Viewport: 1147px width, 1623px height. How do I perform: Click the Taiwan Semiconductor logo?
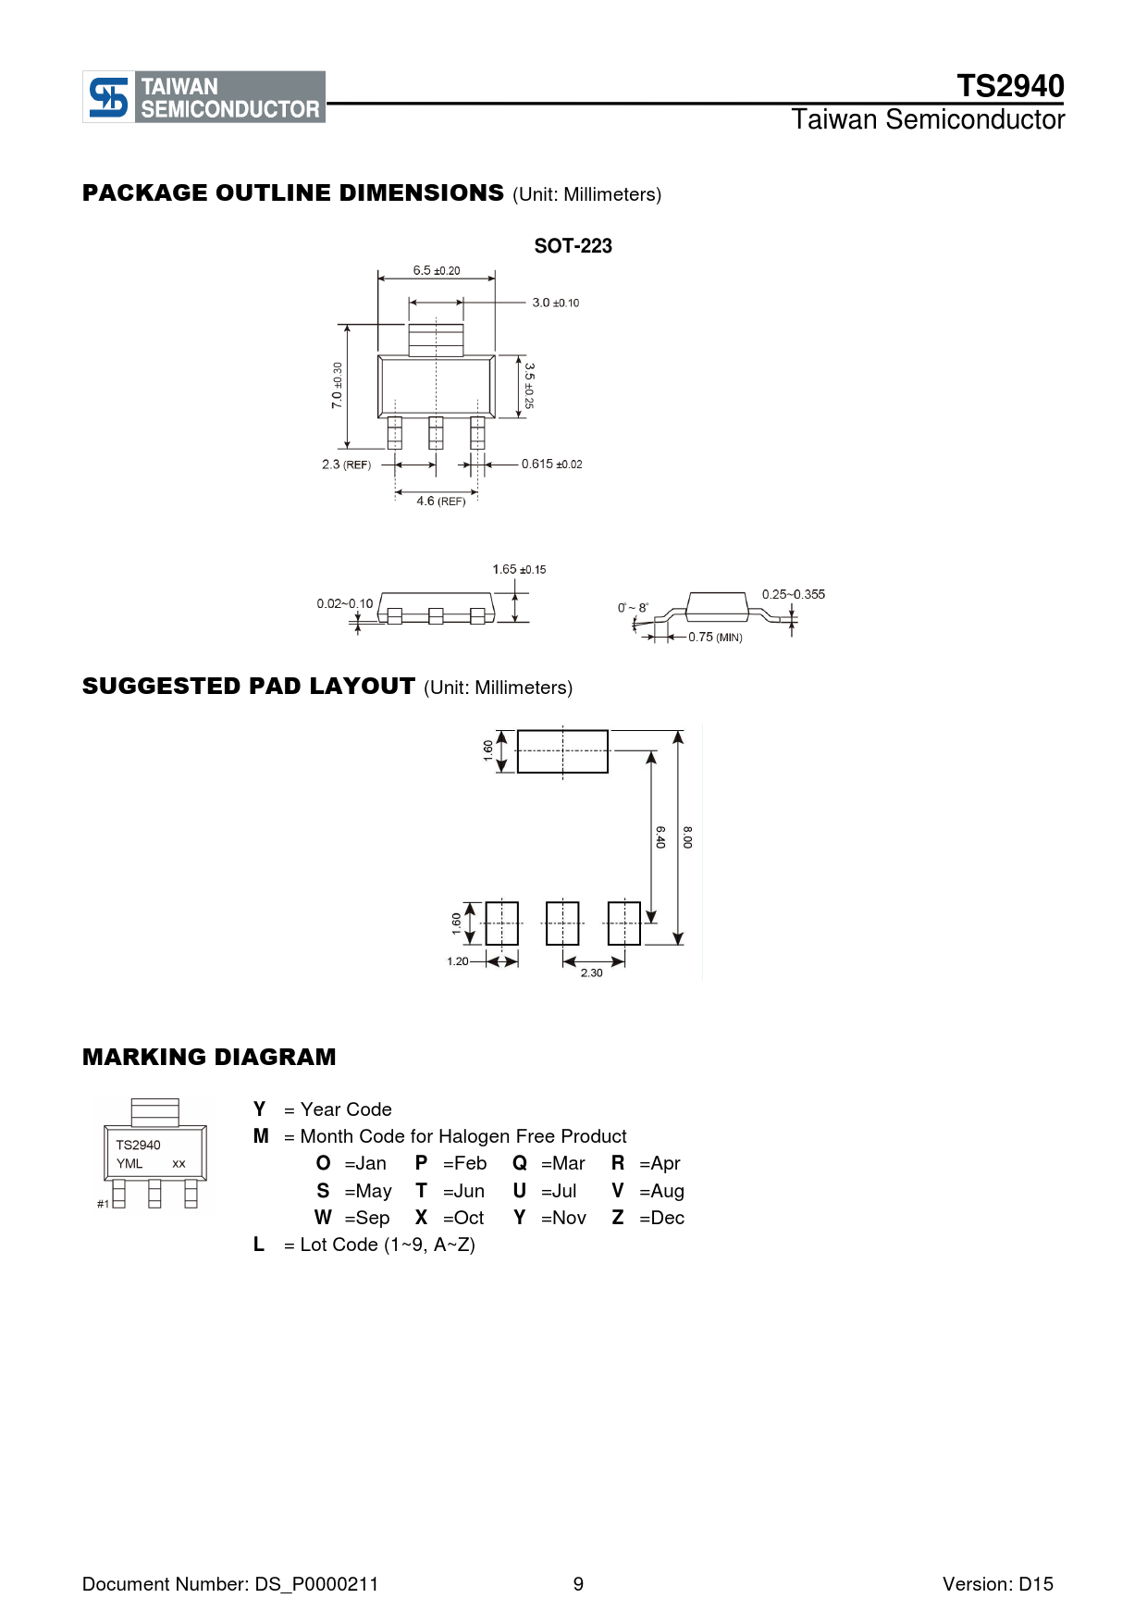coord(203,97)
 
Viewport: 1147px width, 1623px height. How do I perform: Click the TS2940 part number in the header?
coord(1010,86)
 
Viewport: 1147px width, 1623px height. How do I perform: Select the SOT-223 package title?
coord(573,246)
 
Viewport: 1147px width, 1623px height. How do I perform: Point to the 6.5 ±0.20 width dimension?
coord(436,270)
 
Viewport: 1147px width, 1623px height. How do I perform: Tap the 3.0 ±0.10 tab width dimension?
coord(555,303)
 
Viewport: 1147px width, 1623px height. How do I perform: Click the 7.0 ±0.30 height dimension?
coord(337,385)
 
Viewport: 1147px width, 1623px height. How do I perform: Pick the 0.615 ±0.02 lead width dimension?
coord(551,465)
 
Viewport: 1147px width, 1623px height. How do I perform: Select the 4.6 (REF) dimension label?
coord(440,502)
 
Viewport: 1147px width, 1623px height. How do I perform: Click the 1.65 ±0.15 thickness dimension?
coord(519,570)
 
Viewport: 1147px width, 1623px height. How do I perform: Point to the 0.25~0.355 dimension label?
coord(793,594)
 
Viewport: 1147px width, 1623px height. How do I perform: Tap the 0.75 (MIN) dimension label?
coord(715,638)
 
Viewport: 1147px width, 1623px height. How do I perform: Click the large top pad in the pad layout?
coord(562,751)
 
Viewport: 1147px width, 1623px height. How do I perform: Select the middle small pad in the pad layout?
coord(562,923)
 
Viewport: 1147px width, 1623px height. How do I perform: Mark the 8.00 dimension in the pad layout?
coord(687,837)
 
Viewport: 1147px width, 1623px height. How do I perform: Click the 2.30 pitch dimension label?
coord(591,973)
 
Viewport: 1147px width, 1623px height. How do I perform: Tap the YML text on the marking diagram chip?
coord(129,1164)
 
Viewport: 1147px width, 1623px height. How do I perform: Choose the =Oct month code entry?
coord(463,1218)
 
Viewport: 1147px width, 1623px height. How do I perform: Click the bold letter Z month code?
coord(618,1218)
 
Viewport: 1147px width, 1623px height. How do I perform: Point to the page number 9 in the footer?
coord(578,1584)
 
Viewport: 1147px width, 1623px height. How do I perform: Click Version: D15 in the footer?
coord(997,1584)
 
